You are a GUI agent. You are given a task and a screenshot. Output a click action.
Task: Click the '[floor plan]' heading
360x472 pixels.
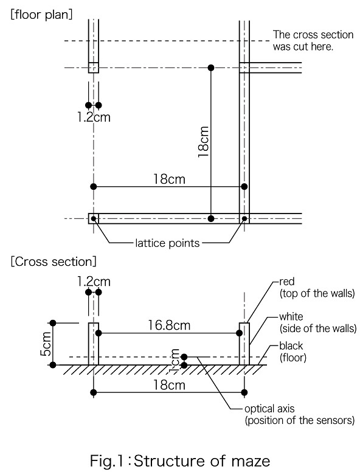[41, 15]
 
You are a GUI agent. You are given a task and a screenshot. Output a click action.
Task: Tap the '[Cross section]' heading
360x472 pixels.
[54, 262]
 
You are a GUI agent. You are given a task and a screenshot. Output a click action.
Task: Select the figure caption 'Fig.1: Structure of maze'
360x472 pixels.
[180, 461]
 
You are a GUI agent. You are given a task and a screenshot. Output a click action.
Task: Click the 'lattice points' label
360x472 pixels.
[167, 243]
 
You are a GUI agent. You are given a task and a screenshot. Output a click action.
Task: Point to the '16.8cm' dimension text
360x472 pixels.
[169, 325]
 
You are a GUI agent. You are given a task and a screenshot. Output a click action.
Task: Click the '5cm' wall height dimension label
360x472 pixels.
[46, 344]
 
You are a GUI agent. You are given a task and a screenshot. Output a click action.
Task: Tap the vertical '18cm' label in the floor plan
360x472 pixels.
[204, 142]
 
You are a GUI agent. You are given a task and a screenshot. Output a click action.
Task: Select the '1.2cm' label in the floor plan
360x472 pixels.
[94, 117]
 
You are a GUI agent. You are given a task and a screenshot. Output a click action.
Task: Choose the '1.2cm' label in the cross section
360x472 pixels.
[94, 282]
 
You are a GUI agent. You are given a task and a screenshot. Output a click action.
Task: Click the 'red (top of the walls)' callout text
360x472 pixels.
[317, 288]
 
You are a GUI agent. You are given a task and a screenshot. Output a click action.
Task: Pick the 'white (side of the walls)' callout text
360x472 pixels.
[318, 322]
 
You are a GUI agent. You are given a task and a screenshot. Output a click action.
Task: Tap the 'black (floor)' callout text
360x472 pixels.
[292, 352]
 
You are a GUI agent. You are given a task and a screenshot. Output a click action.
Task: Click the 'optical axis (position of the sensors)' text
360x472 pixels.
[300, 414]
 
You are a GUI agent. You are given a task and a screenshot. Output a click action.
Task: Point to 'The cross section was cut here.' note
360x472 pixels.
[313, 40]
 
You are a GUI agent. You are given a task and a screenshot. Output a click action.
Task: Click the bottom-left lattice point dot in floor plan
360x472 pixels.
[94, 218]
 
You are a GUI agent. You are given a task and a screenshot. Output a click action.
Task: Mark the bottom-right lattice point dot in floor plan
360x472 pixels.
[244, 218]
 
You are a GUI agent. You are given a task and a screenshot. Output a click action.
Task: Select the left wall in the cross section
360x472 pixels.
[94, 344]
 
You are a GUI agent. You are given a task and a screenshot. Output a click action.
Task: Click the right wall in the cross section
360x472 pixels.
[244, 344]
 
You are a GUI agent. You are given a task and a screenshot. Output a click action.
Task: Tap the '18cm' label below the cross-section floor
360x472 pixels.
[169, 385]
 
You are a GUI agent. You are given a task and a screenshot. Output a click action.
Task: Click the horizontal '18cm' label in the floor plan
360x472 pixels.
[169, 179]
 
